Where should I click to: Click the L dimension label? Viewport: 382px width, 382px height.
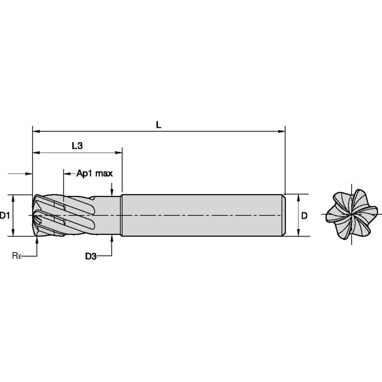tap(159, 125)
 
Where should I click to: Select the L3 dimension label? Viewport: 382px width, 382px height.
tap(77, 146)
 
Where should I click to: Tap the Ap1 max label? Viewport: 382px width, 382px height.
tap(94, 174)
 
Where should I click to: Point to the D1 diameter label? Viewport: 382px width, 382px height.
tap(4, 215)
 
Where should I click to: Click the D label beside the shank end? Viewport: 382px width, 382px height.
tap(304, 216)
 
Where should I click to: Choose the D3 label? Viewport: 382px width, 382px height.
tap(91, 256)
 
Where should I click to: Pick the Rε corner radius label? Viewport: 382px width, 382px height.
tap(17, 256)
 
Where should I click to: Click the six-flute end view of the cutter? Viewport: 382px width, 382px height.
tap(352, 215)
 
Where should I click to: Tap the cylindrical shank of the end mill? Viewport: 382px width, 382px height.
tap(203, 215)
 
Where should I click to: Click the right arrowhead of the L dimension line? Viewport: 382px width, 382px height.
tap(281, 132)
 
